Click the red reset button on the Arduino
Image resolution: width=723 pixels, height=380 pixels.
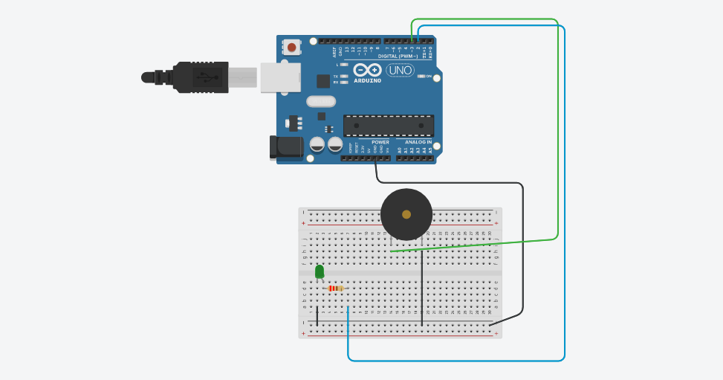click(x=291, y=48)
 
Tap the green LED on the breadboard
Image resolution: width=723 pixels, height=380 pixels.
click(x=320, y=272)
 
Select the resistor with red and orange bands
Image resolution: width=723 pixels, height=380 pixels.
click(x=336, y=289)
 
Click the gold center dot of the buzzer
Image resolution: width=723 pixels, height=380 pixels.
click(x=406, y=214)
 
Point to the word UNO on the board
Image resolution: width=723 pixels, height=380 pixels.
click(x=400, y=70)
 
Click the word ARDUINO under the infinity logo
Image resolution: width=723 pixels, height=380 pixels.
click(x=367, y=80)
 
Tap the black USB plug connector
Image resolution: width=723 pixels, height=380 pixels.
click(x=201, y=77)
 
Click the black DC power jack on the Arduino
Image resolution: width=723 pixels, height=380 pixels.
click(x=286, y=147)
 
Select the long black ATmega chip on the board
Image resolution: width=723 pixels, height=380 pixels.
click(x=388, y=126)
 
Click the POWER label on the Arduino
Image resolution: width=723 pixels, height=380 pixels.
click(x=380, y=142)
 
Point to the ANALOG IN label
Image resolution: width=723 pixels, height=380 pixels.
click(x=418, y=142)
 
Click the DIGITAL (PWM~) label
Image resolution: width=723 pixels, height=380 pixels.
click(x=398, y=56)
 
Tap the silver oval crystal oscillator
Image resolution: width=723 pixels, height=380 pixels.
click(x=321, y=102)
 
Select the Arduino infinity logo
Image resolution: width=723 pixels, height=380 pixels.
click(x=367, y=70)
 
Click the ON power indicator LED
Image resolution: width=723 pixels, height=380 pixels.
click(x=421, y=76)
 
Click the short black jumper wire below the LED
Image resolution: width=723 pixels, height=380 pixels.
click(x=317, y=315)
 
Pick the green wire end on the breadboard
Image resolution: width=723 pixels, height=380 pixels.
click(x=392, y=251)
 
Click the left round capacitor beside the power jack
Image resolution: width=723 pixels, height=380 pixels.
click(x=317, y=144)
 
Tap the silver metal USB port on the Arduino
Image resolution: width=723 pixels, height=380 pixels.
click(x=280, y=77)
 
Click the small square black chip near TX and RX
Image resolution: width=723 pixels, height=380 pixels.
click(x=323, y=81)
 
